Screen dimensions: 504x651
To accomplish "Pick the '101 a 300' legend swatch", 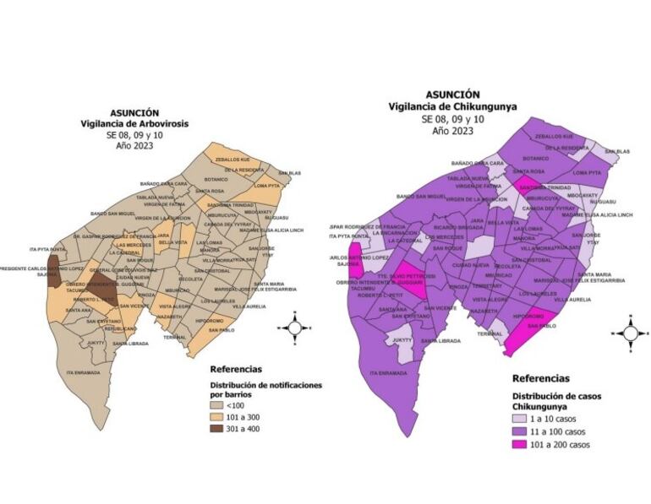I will point(218,418).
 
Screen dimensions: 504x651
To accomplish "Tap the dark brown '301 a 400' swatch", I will point(218,429).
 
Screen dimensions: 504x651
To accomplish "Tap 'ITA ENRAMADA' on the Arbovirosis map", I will point(82,372).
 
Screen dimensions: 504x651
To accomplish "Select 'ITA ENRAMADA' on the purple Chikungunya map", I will point(388,372).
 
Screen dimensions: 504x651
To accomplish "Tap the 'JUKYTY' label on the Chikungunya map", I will point(402,340).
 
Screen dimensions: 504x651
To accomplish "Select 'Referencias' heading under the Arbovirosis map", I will point(235,369).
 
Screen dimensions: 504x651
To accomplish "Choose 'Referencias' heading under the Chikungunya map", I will point(540,378).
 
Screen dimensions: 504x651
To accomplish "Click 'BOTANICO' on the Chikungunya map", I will point(535,158).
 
